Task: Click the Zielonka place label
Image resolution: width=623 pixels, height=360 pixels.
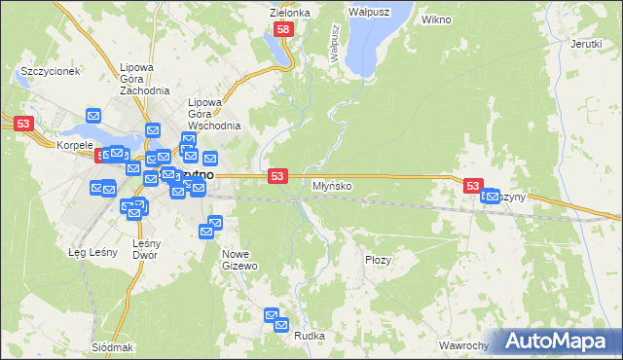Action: (x=290, y=13)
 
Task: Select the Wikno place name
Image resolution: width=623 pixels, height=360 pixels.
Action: (x=437, y=19)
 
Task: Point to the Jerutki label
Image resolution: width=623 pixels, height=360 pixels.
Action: (x=586, y=44)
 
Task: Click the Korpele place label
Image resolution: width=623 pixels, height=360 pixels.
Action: (x=74, y=145)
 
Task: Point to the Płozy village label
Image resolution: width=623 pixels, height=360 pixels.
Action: (x=378, y=260)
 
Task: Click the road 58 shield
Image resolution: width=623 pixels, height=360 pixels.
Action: (x=282, y=31)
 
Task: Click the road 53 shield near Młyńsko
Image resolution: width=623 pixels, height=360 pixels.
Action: (x=278, y=175)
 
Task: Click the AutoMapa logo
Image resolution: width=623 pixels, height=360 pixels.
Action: (x=557, y=342)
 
